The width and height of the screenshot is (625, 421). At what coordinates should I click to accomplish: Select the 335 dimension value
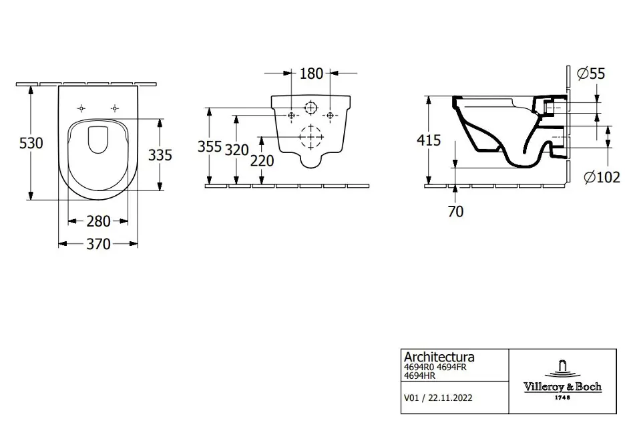pos(160,155)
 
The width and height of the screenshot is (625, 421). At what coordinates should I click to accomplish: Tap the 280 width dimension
pos(99,221)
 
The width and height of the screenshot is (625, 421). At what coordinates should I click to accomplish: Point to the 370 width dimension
pos(98,245)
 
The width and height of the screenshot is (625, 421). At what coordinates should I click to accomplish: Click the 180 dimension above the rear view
pos(312,73)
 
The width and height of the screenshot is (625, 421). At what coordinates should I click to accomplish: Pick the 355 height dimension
pos(210,147)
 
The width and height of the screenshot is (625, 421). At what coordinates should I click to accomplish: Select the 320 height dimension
pos(236,149)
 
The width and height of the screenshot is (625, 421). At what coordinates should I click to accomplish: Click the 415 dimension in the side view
pos(428,140)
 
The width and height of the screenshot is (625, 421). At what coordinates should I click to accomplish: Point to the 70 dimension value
pos(455,211)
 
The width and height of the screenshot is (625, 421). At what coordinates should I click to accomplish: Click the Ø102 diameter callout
pos(598,178)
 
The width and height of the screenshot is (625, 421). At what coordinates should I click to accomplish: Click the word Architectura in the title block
pos(439,358)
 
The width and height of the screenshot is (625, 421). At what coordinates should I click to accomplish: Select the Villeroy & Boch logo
pos(566,381)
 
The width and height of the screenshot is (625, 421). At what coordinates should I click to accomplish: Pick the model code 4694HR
pos(419,376)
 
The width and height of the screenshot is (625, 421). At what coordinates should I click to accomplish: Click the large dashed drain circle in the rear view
pos(311,136)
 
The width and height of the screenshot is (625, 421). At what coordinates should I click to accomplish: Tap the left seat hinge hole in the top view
pos(82,108)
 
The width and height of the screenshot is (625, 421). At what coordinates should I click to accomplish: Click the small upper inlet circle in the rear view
pos(311,108)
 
